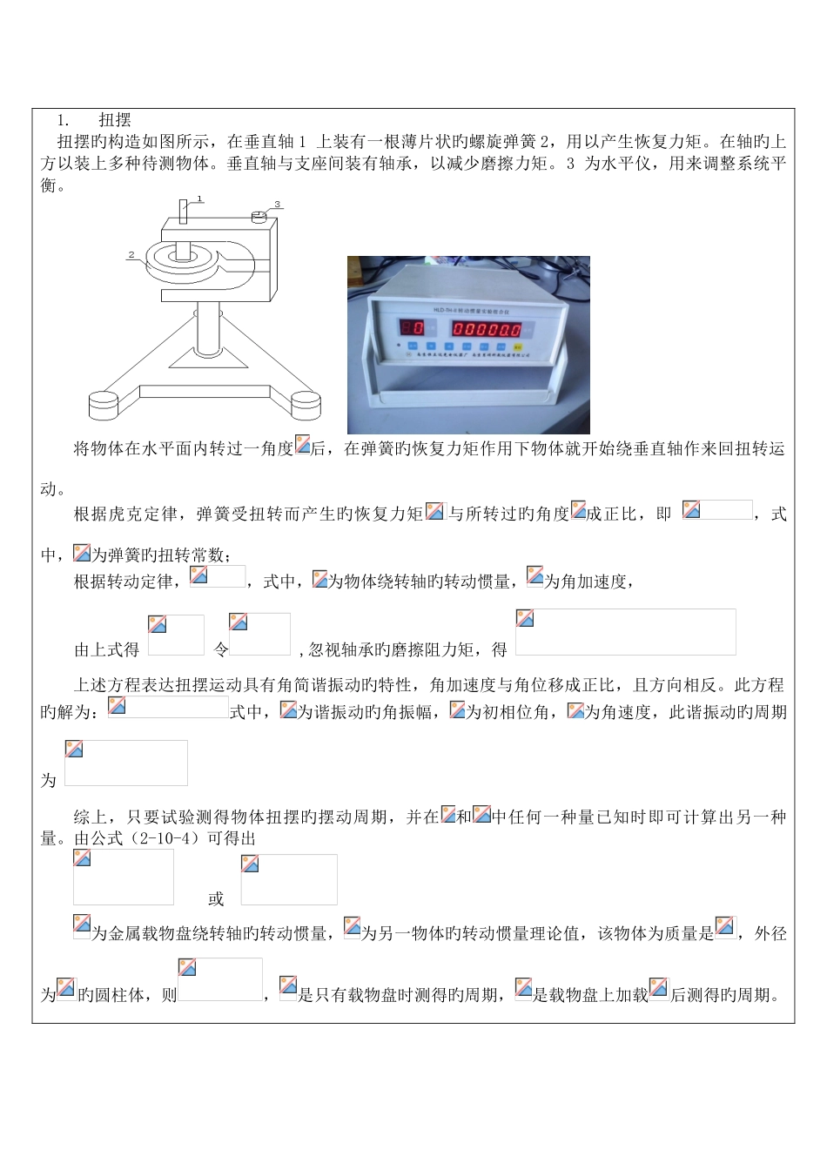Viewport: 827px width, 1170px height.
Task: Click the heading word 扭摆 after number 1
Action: (115, 120)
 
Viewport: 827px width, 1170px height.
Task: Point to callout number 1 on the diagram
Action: (199, 198)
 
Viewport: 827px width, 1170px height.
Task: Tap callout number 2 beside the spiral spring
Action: (131, 255)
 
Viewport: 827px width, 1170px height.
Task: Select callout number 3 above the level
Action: (277, 205)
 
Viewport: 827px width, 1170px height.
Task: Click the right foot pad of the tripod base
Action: (306, 404)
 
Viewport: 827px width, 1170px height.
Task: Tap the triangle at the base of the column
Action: (198, 356)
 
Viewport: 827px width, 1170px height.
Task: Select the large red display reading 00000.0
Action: (486, 329)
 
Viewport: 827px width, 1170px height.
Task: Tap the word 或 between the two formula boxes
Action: (216, 898)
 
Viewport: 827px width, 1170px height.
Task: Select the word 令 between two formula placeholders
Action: (220, 649)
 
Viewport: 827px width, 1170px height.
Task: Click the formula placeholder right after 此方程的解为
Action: (168, 707)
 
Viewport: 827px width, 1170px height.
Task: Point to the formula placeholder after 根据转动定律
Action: (218, 576)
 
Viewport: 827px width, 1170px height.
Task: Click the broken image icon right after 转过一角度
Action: (302, 444)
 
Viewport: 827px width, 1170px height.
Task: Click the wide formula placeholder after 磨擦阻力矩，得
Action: (625, 632)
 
